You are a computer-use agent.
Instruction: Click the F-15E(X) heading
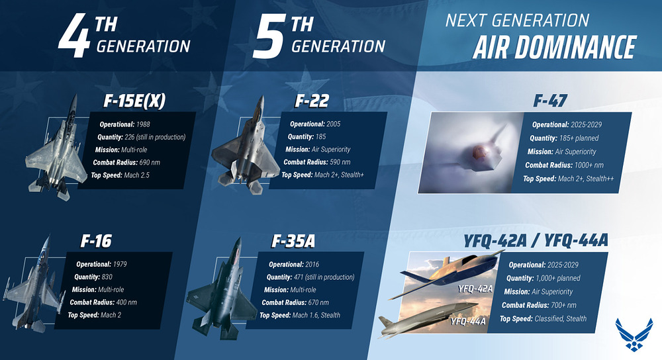coord(134,101)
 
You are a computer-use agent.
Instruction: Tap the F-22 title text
coord(312,101)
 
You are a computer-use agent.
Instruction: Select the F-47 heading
coord(550,101)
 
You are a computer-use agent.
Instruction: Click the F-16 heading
coord(96,241)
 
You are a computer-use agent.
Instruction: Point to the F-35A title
coord(293,242)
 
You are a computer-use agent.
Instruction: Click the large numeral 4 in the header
coord(75,36)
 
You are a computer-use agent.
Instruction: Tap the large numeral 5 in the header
coord(269,36)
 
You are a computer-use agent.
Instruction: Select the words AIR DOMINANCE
coord(554,47)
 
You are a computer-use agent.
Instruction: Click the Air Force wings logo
coord(634,335)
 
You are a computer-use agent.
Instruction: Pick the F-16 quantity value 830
coord(107,277)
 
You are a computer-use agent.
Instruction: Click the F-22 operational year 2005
coord(333,124)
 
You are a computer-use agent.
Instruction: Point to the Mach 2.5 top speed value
coord(137,175)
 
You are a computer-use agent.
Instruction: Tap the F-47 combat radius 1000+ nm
coord(589,165)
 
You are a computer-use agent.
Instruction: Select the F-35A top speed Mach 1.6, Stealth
coord(316,315)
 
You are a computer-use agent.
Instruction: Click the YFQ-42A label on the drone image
coord(475,289)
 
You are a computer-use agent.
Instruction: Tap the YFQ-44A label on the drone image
coord(468,322)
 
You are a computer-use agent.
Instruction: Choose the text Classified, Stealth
coord(561,319)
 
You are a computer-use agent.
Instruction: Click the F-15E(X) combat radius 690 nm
coord(150,163)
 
